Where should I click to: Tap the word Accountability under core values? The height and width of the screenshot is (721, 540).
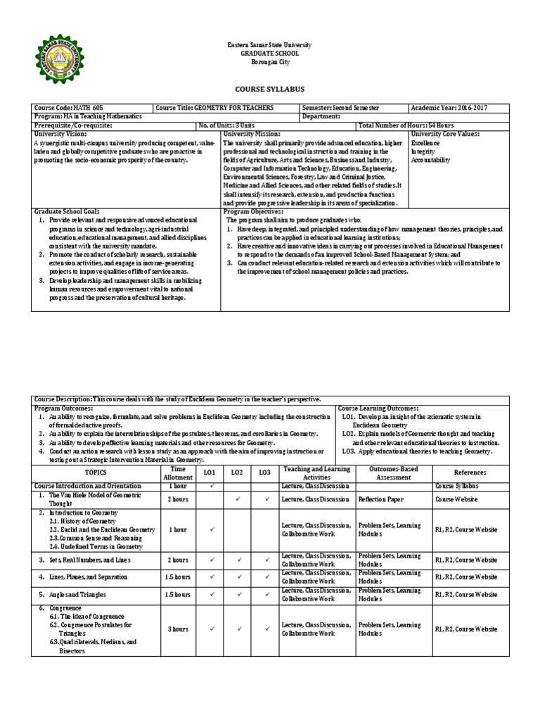(x=430, y=160)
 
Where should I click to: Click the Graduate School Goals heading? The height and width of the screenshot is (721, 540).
(x=67, y=211)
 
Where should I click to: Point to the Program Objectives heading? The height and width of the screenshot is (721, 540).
(x=253, y=211)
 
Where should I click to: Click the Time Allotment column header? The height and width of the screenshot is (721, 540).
(x=178, y=472)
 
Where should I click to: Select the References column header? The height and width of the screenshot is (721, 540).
(x=469, y=472)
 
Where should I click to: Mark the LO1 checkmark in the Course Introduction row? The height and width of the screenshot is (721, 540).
(x=212, y=485)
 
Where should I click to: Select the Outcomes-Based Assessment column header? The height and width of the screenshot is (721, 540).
(x=393, y=472)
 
